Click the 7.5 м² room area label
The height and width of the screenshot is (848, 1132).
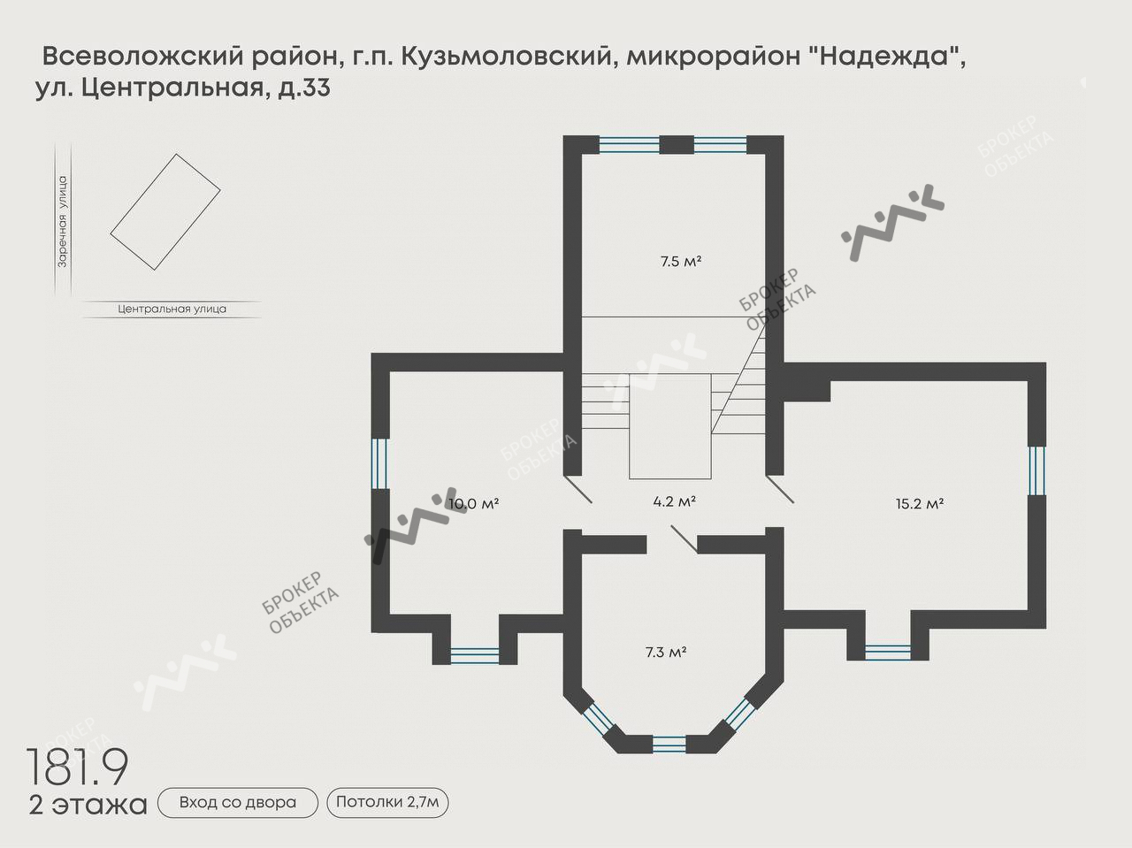(x=680, y=261)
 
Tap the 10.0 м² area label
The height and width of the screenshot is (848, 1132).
(x=474, y=504)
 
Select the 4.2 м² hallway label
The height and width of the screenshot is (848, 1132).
(x=674, y=501)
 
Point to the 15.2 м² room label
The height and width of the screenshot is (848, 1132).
(x=920, y=504)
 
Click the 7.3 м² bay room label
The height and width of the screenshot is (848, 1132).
(x=666, y=653)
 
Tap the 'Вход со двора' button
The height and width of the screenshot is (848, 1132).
(x=237, y=803)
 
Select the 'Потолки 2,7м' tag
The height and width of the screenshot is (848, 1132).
(x=388, y=803)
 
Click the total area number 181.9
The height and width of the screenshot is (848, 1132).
(x=78, y=767)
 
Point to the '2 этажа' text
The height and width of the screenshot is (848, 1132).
(x=88, y=806)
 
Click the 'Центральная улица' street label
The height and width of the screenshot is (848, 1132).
(x=172, y=309)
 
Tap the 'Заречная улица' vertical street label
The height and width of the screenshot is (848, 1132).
(x=62, y=221)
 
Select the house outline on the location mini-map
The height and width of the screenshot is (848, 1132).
(x=164, y=212)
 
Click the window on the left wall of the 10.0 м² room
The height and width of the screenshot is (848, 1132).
(x=379, y=463)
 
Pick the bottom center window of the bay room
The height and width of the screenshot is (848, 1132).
(x=668, y=744)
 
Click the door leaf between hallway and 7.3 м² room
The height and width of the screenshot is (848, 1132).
(x=683, y=539)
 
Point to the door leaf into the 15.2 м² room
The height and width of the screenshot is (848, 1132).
(x=781, y=490)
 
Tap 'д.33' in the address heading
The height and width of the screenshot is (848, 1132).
(x=304, y=89)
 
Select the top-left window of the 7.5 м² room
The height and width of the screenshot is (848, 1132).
(x=629, y=143)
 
